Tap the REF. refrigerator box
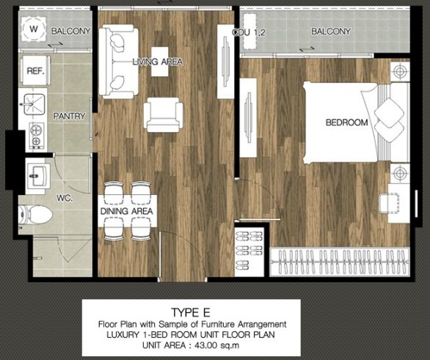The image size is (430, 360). tap(34, 71)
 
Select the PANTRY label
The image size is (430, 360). tap(70, 116)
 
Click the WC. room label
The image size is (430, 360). tap(70, 197)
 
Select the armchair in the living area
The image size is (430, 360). tap(163, 115)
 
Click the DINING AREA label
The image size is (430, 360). tap(126, 212)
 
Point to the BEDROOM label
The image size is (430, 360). tap(346, 122)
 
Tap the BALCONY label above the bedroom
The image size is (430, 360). tap(330, 32)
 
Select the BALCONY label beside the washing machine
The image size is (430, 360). tap(72, 32)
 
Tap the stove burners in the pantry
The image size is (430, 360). tap(34, 133)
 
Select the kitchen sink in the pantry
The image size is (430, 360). tap(34, 103)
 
